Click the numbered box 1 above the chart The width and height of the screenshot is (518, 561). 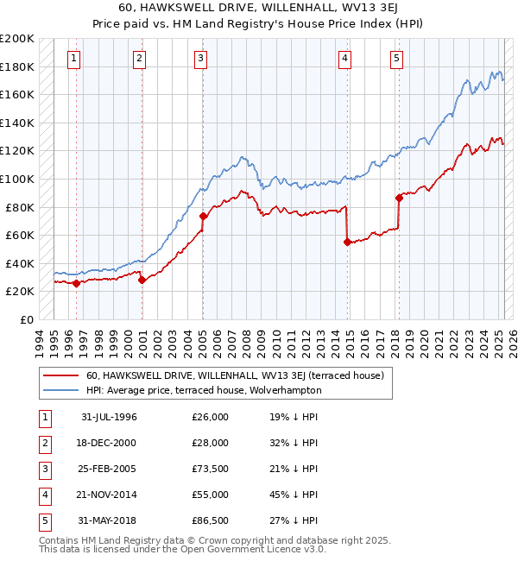click(x=74, y=59)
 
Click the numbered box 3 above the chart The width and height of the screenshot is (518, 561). click(x=200, y=59)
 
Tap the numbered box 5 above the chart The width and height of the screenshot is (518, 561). click(x=396, y=59)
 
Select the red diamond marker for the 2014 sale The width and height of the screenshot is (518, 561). click(x=347, y=242)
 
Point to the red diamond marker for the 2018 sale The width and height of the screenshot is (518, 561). click(x=399, y=198)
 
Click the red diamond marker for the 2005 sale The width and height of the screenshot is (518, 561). click(x=203, y=216)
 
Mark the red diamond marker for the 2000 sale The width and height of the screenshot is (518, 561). click(x=142, y=280)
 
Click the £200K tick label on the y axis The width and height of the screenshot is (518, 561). click(x=17, y=39)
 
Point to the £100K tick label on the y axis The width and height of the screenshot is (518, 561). click(x=17, y=179)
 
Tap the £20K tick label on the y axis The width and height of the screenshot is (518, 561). click(x=20, y=292)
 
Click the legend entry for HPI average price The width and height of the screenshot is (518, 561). click(x=204, y=390)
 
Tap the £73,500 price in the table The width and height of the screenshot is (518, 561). click(x=210, y=469)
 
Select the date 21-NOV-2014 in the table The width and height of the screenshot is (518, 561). click(x=109, y=495)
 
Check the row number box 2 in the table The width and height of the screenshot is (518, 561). click(x=42, y=443)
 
